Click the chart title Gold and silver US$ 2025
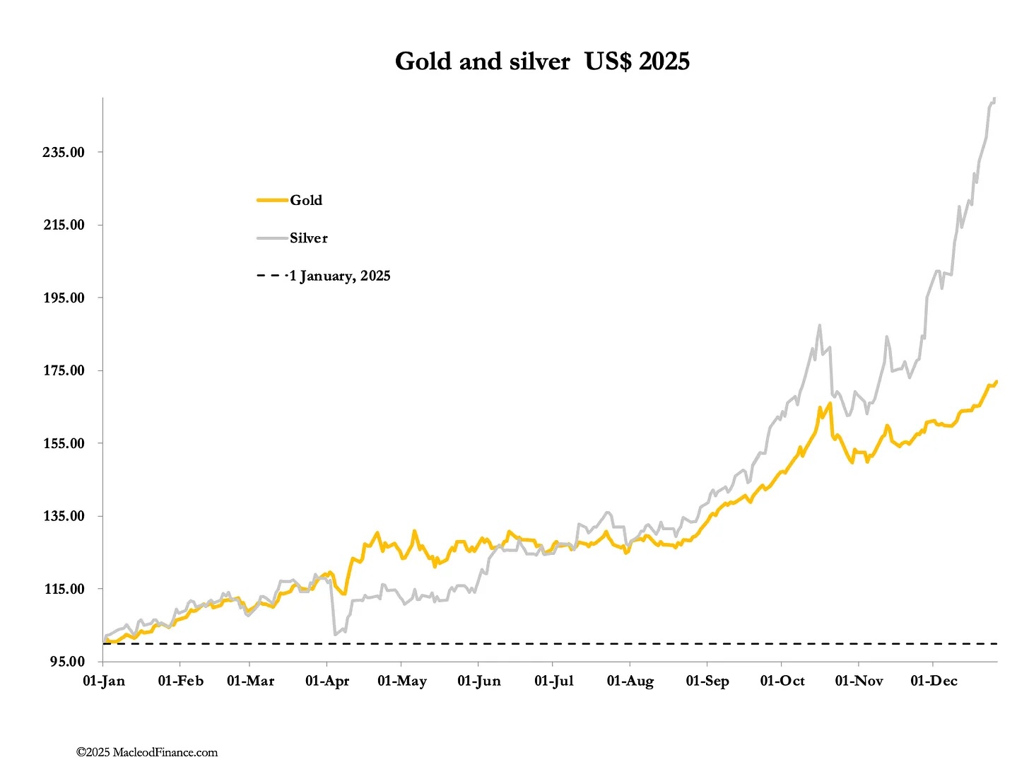[x=542, y=61]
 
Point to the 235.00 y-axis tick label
[x=64, y=153]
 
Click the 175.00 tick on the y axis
[x=64, y=371]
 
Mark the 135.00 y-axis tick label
[x=64, y=517]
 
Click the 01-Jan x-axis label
[x=104, y=681]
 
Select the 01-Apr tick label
[x=327, y=681]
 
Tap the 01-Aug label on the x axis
[x=630, y=681]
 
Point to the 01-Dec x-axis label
[x=934, y=681]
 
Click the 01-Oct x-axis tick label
[x=782, y=681]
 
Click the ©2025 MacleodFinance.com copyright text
[x=147, y=753]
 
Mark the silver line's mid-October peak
[x=819, y=326]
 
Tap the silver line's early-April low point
[x=334, y=635]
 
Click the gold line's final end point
[x=996, y=382]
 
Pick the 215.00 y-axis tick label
[x=64, y=225]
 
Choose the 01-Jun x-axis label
[x=479, y=681]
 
